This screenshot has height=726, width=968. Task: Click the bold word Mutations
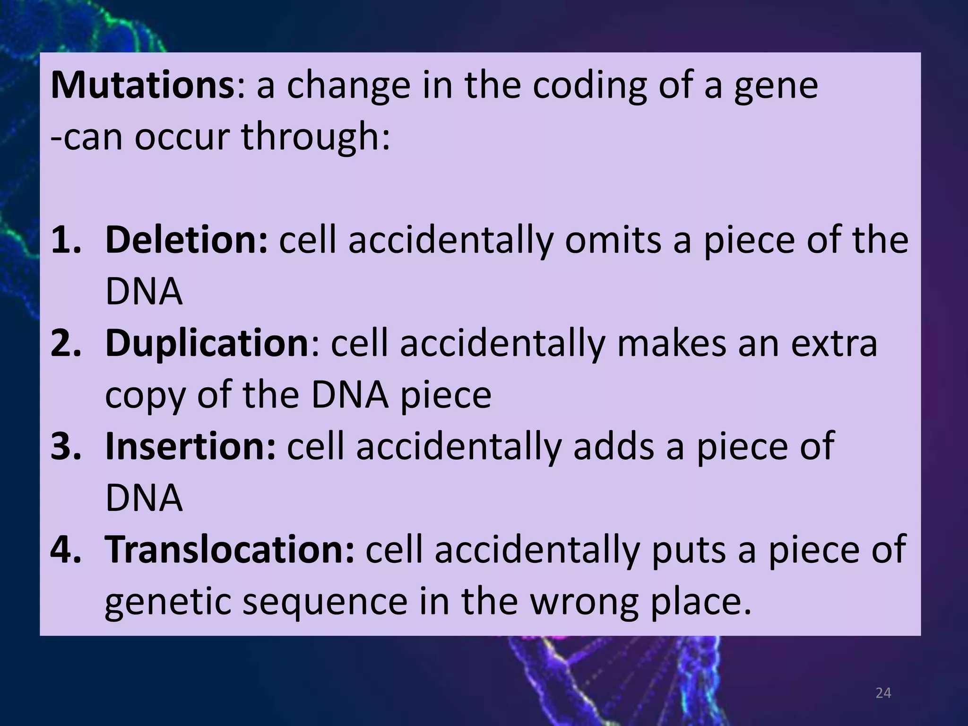tap(142, 86)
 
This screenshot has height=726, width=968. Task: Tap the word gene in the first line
tap(776, 87)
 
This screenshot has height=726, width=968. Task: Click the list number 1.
tap(66, 240)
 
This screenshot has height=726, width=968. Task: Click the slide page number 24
tap(883, 693)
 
